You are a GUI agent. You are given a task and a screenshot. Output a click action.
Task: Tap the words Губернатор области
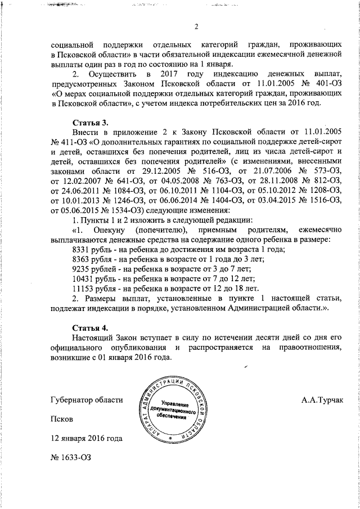pyautogui.click(x=86, y=399)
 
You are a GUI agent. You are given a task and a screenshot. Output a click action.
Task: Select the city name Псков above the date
pyautogui.click(x=61, y=419)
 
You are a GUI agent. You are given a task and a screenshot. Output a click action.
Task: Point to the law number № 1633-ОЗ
pyautogui.click(x=70, y=458)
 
